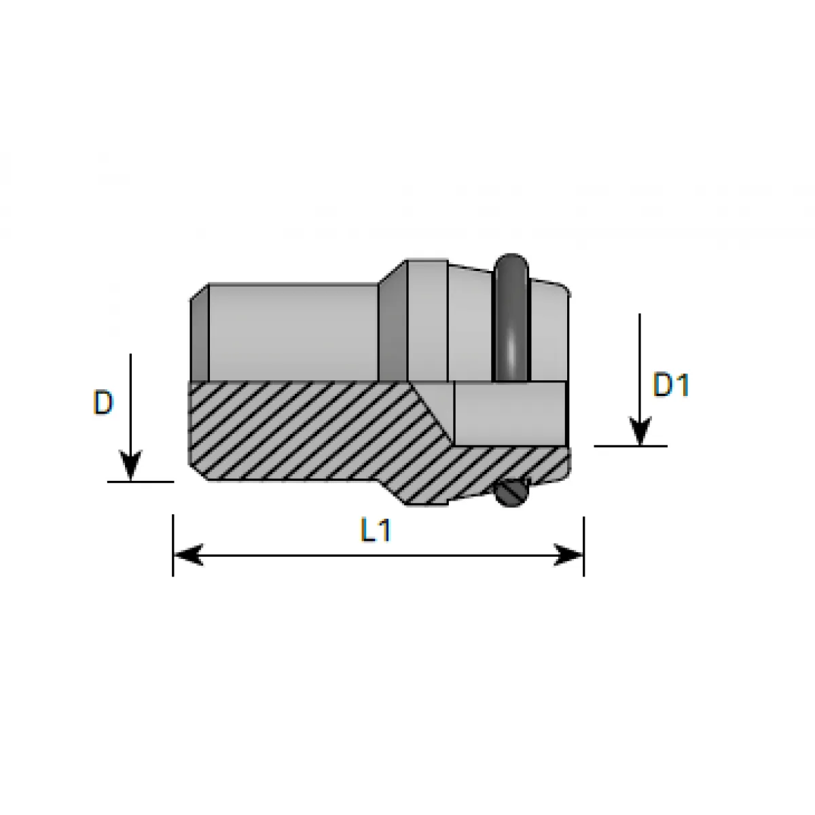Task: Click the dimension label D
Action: point(103,402)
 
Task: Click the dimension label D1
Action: point(671,384)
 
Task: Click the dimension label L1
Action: point(376,530)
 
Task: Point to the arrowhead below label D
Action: point(130,465)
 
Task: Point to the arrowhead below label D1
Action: point(640,431)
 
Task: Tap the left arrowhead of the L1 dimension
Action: point(189,554)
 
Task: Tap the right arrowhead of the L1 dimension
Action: point(569,554)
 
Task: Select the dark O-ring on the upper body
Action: point(511,318)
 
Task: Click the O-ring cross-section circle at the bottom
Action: point(511,492)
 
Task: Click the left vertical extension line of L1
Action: point(173,545)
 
